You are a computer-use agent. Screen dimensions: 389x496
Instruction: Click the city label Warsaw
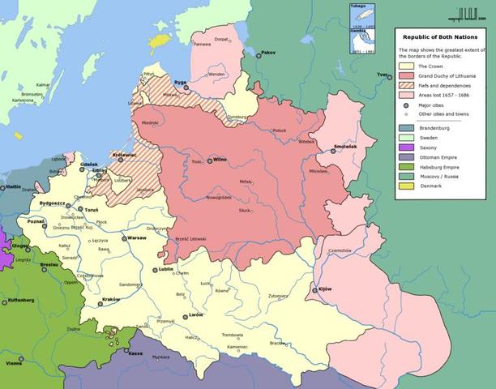pyautogui.click(x=136, y=238)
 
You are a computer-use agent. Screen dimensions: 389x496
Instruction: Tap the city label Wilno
pyautogui.click(x=220, y=160)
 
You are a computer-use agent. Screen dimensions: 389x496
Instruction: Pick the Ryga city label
pyautogui.click(x=181, y=82)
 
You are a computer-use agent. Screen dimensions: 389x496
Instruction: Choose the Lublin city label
pyautogui.click(x=167, y=268)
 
